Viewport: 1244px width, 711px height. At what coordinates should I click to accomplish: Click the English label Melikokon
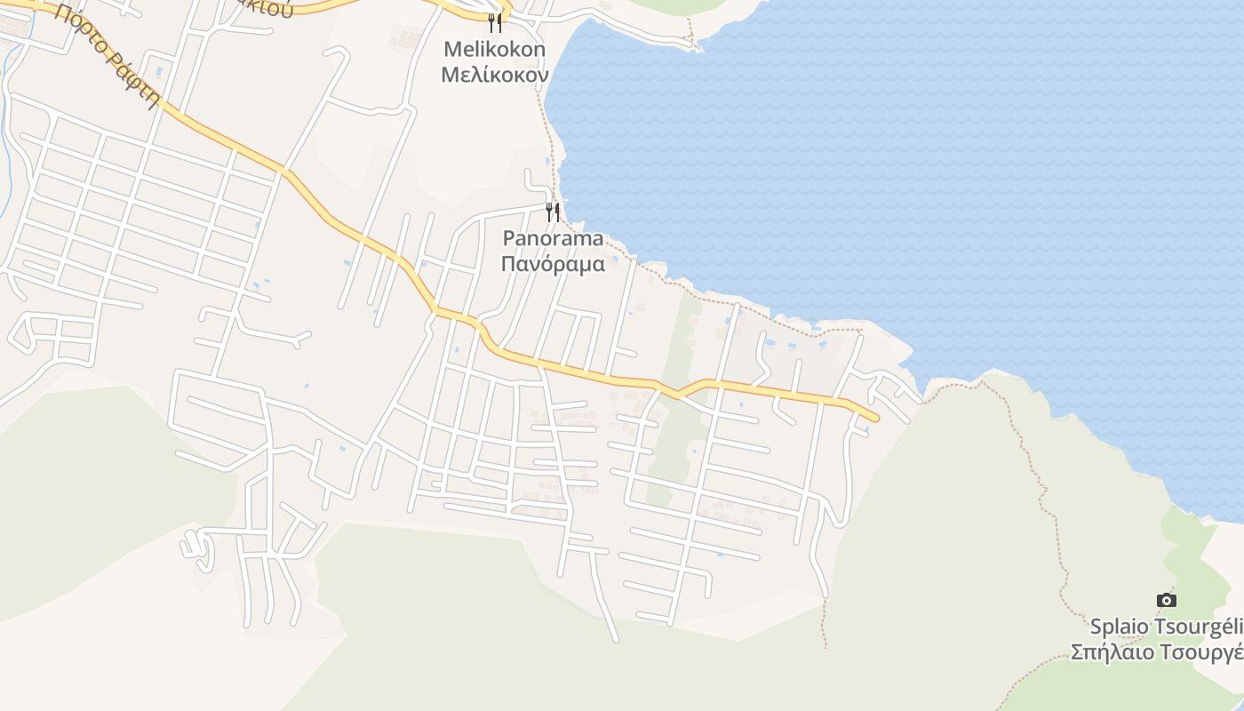pos(494,50)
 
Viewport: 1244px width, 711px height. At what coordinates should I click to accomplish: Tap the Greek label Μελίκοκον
pos(494,74)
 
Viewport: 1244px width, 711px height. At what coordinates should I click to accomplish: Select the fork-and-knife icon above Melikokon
pos(495,22)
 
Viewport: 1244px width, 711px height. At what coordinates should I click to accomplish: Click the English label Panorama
pos(553,239)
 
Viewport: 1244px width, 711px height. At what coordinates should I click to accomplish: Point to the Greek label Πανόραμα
pos(553,264)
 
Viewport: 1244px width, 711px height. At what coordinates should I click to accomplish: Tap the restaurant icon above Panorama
pos(553,212)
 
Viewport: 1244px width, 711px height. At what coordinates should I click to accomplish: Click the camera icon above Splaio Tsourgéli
pos(1167,600)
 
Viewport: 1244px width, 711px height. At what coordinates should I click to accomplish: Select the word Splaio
pos(1121,627)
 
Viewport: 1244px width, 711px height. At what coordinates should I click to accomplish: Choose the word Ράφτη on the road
pos(136,82)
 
